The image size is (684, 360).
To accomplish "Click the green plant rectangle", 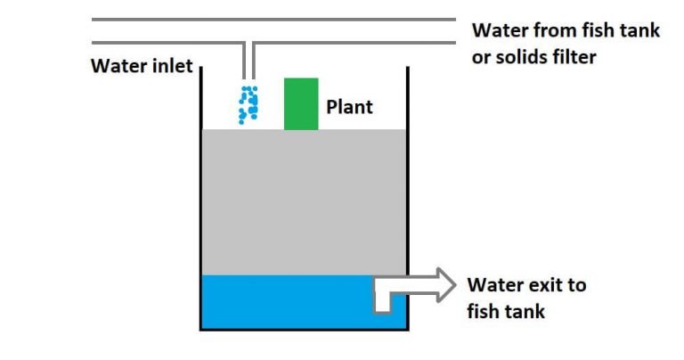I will point(301,104).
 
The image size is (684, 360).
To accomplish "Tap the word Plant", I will point(349,108).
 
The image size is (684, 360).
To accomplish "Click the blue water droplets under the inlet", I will point(248,105).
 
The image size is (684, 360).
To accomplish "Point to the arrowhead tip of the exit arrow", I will point(454,285).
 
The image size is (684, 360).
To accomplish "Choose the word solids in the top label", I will point(524,56).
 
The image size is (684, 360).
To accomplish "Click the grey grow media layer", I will point(303,201).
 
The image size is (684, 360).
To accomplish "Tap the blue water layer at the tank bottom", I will point(285,302).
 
